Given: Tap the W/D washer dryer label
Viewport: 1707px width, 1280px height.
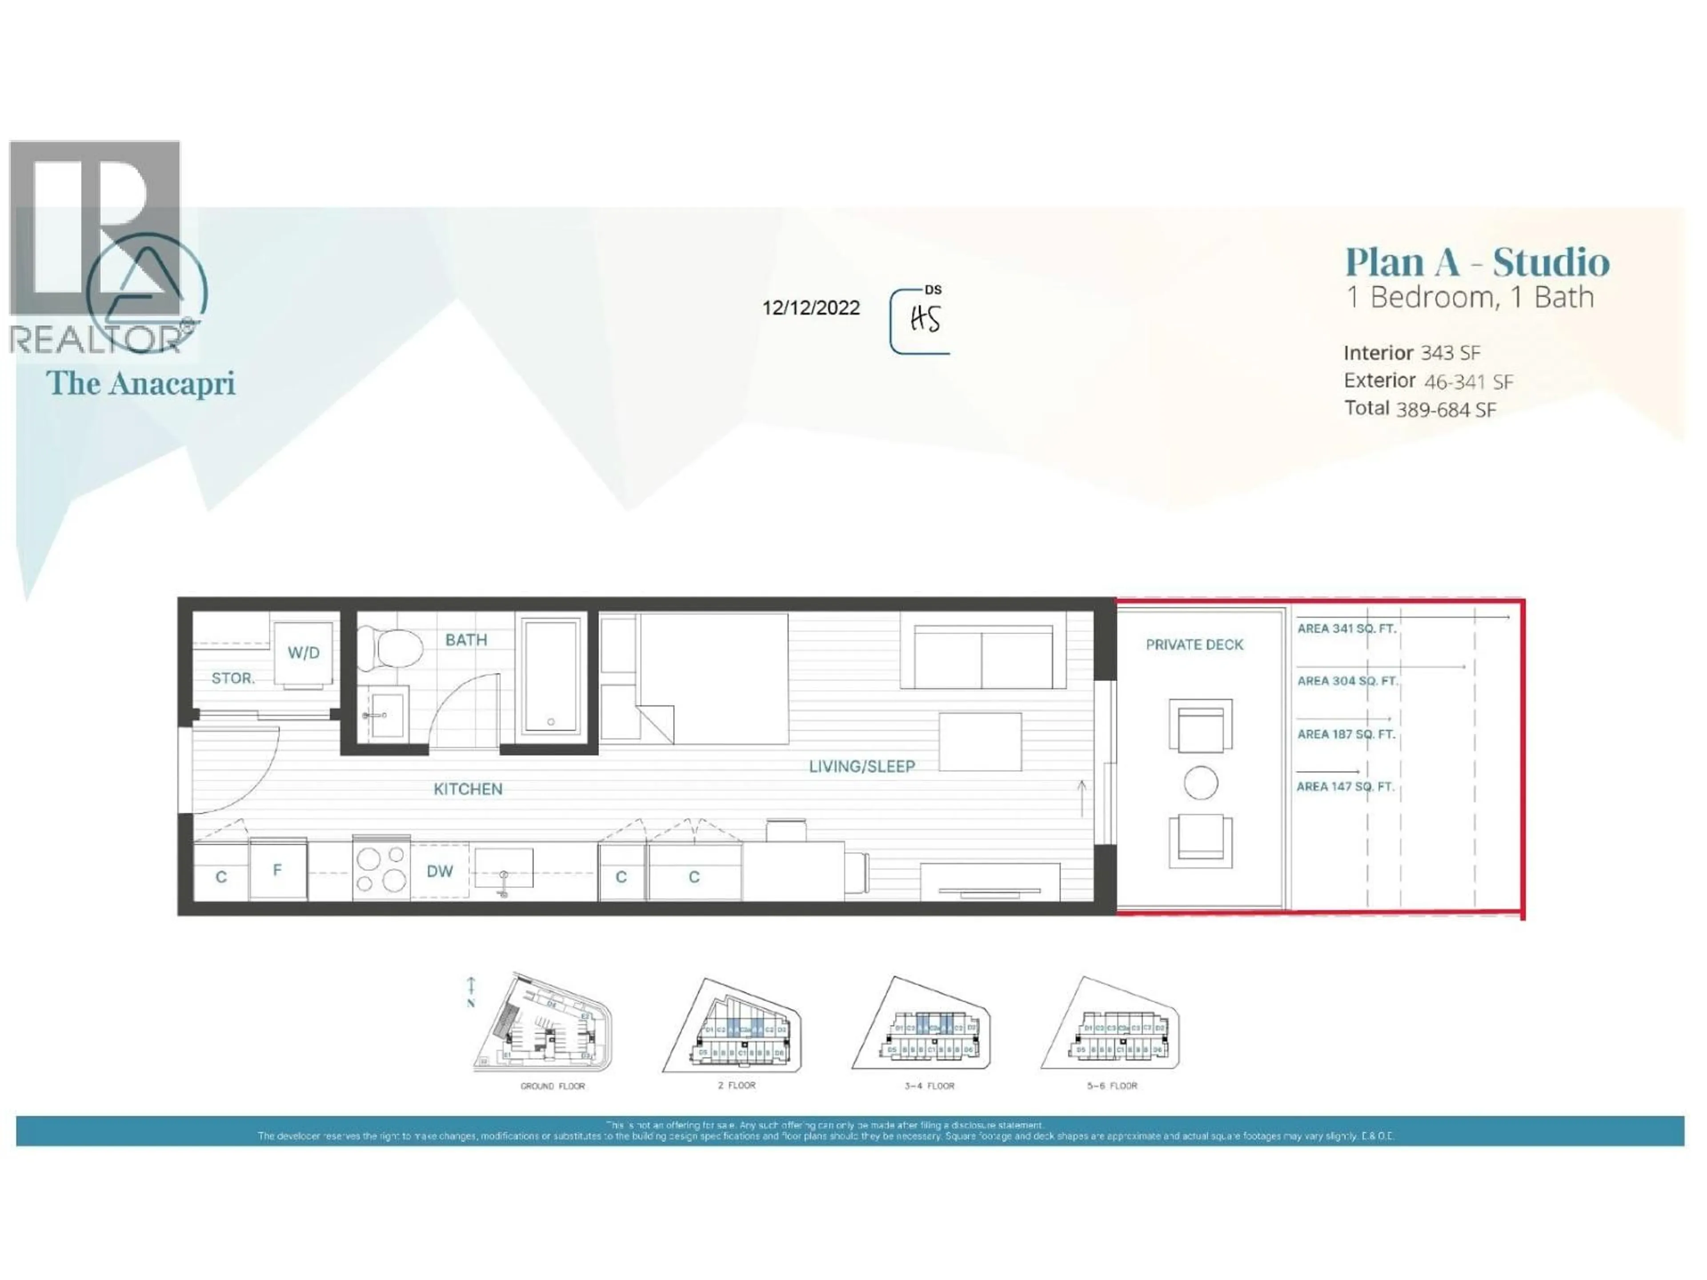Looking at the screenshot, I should [303, 653].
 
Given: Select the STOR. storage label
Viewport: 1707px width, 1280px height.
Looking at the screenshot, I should [233, 678].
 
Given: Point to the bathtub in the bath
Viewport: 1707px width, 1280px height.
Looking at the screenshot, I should [551, 674].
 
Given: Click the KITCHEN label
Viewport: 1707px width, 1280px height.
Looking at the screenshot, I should [468, 788].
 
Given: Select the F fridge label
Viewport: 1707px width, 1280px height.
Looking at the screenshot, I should [277, 869].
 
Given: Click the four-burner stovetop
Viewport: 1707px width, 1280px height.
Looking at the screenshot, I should [381, 869].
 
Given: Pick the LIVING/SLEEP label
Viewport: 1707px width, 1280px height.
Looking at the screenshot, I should [861, 766].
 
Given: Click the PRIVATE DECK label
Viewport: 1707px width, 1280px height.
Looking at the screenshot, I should [1194, 644].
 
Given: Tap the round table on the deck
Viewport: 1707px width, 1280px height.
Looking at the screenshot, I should [1201, 783].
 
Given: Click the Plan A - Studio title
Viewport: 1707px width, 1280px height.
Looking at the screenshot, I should [1477, 261].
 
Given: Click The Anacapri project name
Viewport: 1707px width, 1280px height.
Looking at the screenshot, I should [140, 384].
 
